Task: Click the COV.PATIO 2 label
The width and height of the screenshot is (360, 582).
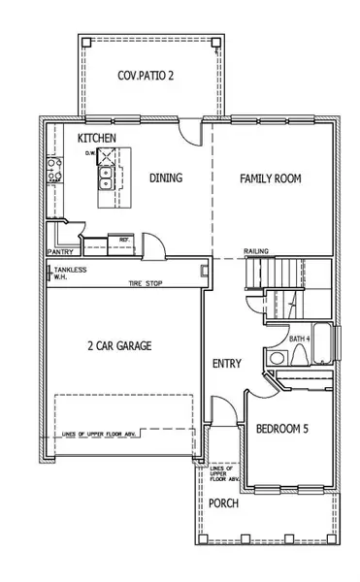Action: (x=147, y=75)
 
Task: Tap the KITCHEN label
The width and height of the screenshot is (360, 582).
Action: (x=97, y=139)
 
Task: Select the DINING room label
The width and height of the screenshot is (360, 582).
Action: (x=166, y=178)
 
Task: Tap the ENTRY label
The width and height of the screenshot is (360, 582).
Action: (x=226, y=363)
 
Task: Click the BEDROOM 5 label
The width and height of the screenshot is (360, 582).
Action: (x=282, y=429)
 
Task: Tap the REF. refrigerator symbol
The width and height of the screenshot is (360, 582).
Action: (x=124, y=239)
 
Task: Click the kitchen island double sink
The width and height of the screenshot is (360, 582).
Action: (x=103, y=177)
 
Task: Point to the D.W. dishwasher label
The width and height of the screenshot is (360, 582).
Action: (x=90, y=153)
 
